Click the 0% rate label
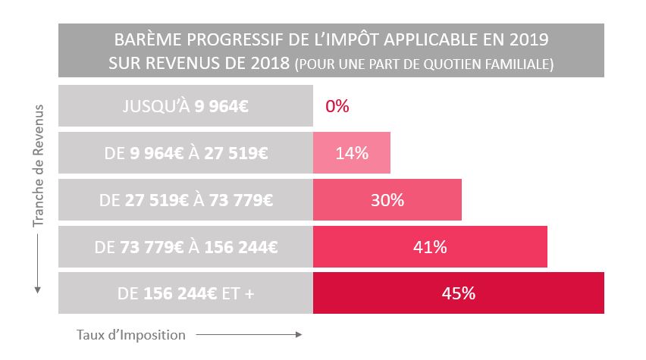(337, 106)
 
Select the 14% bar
(351, 153)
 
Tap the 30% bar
(387, 200)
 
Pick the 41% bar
(429, 247)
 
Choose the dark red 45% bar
(458, 293)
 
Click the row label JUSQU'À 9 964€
(186, 106)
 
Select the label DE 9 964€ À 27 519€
(186, 153)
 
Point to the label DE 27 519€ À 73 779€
(186, 200)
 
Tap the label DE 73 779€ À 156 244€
(186, 247)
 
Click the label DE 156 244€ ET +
(186, 293)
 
